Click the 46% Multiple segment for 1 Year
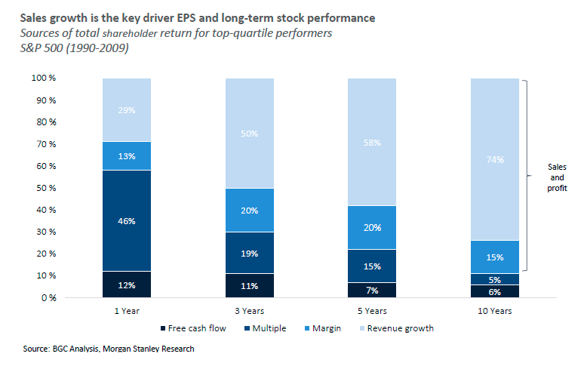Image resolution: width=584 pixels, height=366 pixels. point(126,220)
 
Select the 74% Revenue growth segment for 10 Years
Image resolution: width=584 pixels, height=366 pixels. point(494,159)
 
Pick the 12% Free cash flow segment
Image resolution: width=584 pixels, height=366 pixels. point(126,285)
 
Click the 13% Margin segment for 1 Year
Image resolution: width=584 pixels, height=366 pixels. point(126,156)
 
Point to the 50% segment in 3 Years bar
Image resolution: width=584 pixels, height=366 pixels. point(249,134)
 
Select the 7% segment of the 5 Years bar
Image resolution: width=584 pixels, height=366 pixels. point(371,291)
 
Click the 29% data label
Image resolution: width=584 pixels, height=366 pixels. point(126,110)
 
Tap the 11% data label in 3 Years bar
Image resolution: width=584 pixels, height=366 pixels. point(249,286)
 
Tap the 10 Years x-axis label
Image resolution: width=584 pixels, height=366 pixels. point(494,311)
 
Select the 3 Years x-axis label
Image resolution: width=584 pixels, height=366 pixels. point(249,311)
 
